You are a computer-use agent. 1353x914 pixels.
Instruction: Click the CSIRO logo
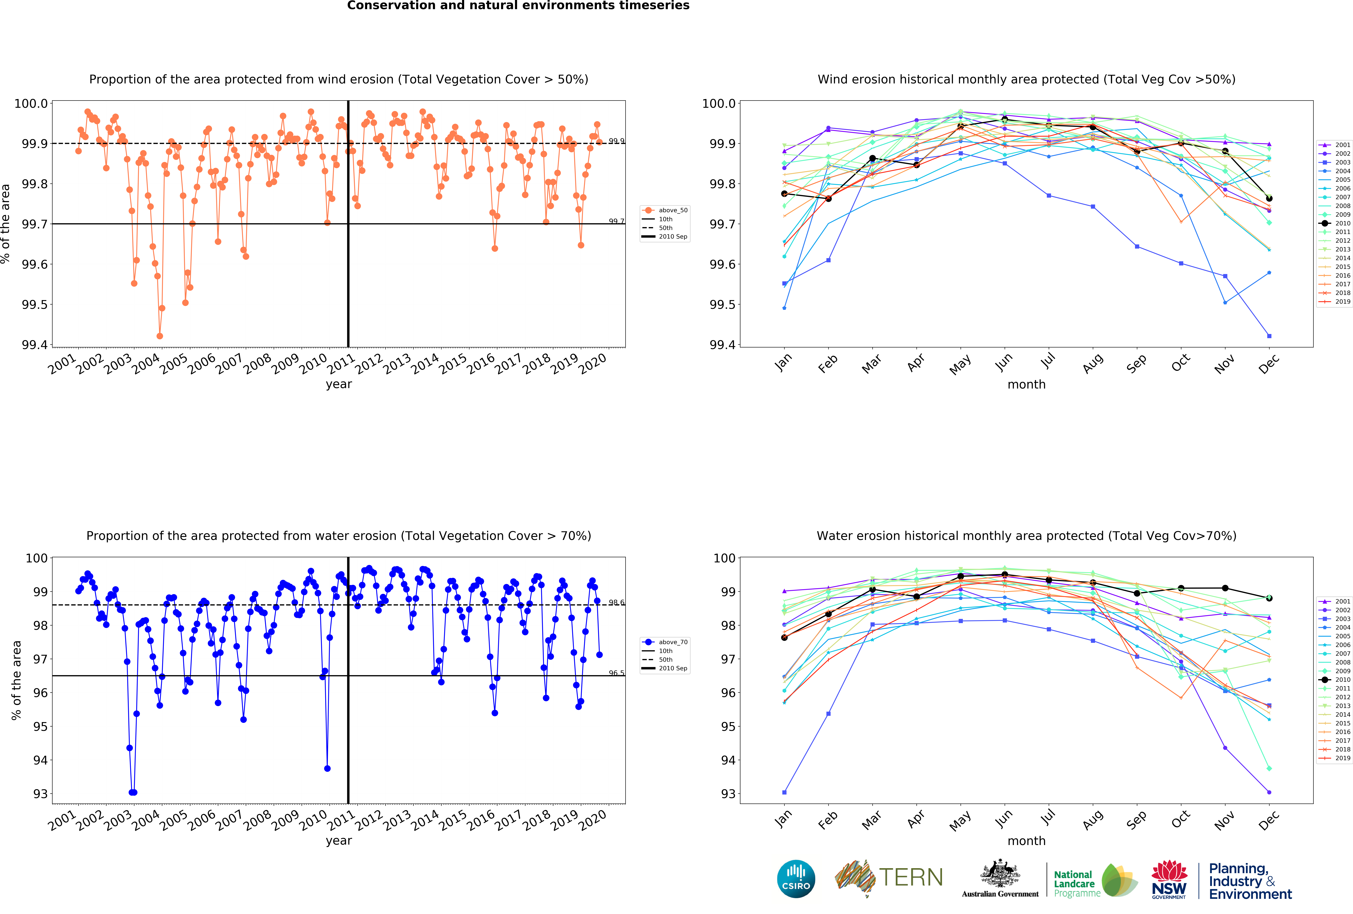pos(796,879)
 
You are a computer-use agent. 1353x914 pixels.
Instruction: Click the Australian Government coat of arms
pos(1000,873)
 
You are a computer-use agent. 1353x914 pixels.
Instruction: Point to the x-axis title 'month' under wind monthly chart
pos(1026,384)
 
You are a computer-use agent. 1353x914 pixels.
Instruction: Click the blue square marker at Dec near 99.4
pos(1269,336)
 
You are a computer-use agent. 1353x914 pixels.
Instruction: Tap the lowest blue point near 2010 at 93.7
pos(327,768)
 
